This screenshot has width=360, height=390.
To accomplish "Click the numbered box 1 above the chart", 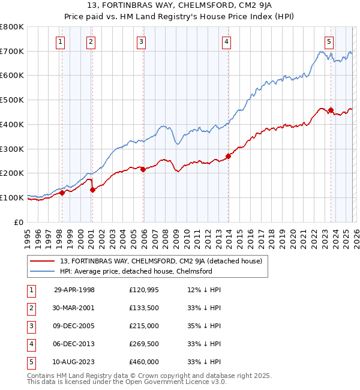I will coord(61,41).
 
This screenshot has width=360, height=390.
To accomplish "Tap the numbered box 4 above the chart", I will coord(226,41).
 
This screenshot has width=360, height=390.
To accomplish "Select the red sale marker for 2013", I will coord(228,156).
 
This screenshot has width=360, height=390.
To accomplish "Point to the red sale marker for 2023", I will coord(331,110).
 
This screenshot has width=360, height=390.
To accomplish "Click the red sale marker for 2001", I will coord(92,190).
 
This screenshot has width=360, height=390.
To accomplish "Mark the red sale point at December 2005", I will coord(143,170).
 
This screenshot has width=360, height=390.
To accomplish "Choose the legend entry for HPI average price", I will coord(136,271).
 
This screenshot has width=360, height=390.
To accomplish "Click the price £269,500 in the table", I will coord(143,344).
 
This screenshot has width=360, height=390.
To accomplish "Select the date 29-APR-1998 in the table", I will coord(74,290).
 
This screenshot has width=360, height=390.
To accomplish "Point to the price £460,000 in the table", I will coord(143,362).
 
